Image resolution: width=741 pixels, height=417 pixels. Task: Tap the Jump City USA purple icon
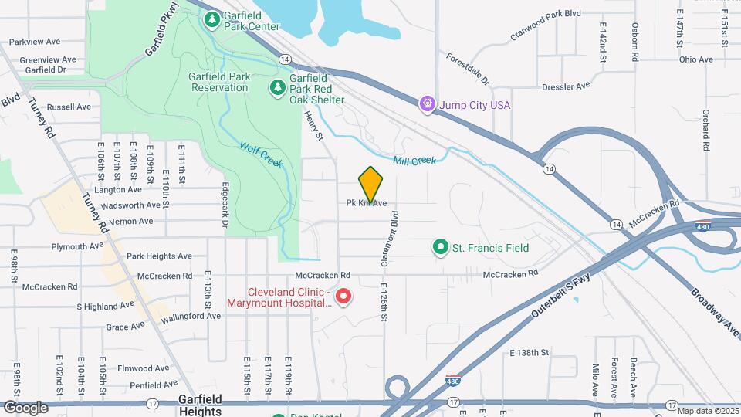click(425, 103)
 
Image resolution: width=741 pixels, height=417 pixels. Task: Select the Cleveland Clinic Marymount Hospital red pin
click(344, 296)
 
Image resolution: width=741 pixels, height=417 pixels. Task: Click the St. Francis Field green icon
click(440, 248)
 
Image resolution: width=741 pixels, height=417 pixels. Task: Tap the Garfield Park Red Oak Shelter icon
click(277, 89)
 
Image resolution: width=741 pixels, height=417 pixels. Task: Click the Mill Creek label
click(414, 161)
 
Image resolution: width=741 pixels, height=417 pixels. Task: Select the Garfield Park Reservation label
click(219, 82)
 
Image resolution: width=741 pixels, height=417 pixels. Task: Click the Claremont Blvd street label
click(394, 239)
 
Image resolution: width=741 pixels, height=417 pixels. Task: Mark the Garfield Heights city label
click(200, 405)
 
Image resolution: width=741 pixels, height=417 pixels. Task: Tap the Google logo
click(25, 407)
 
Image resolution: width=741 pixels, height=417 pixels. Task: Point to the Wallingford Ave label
click(191, 316)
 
